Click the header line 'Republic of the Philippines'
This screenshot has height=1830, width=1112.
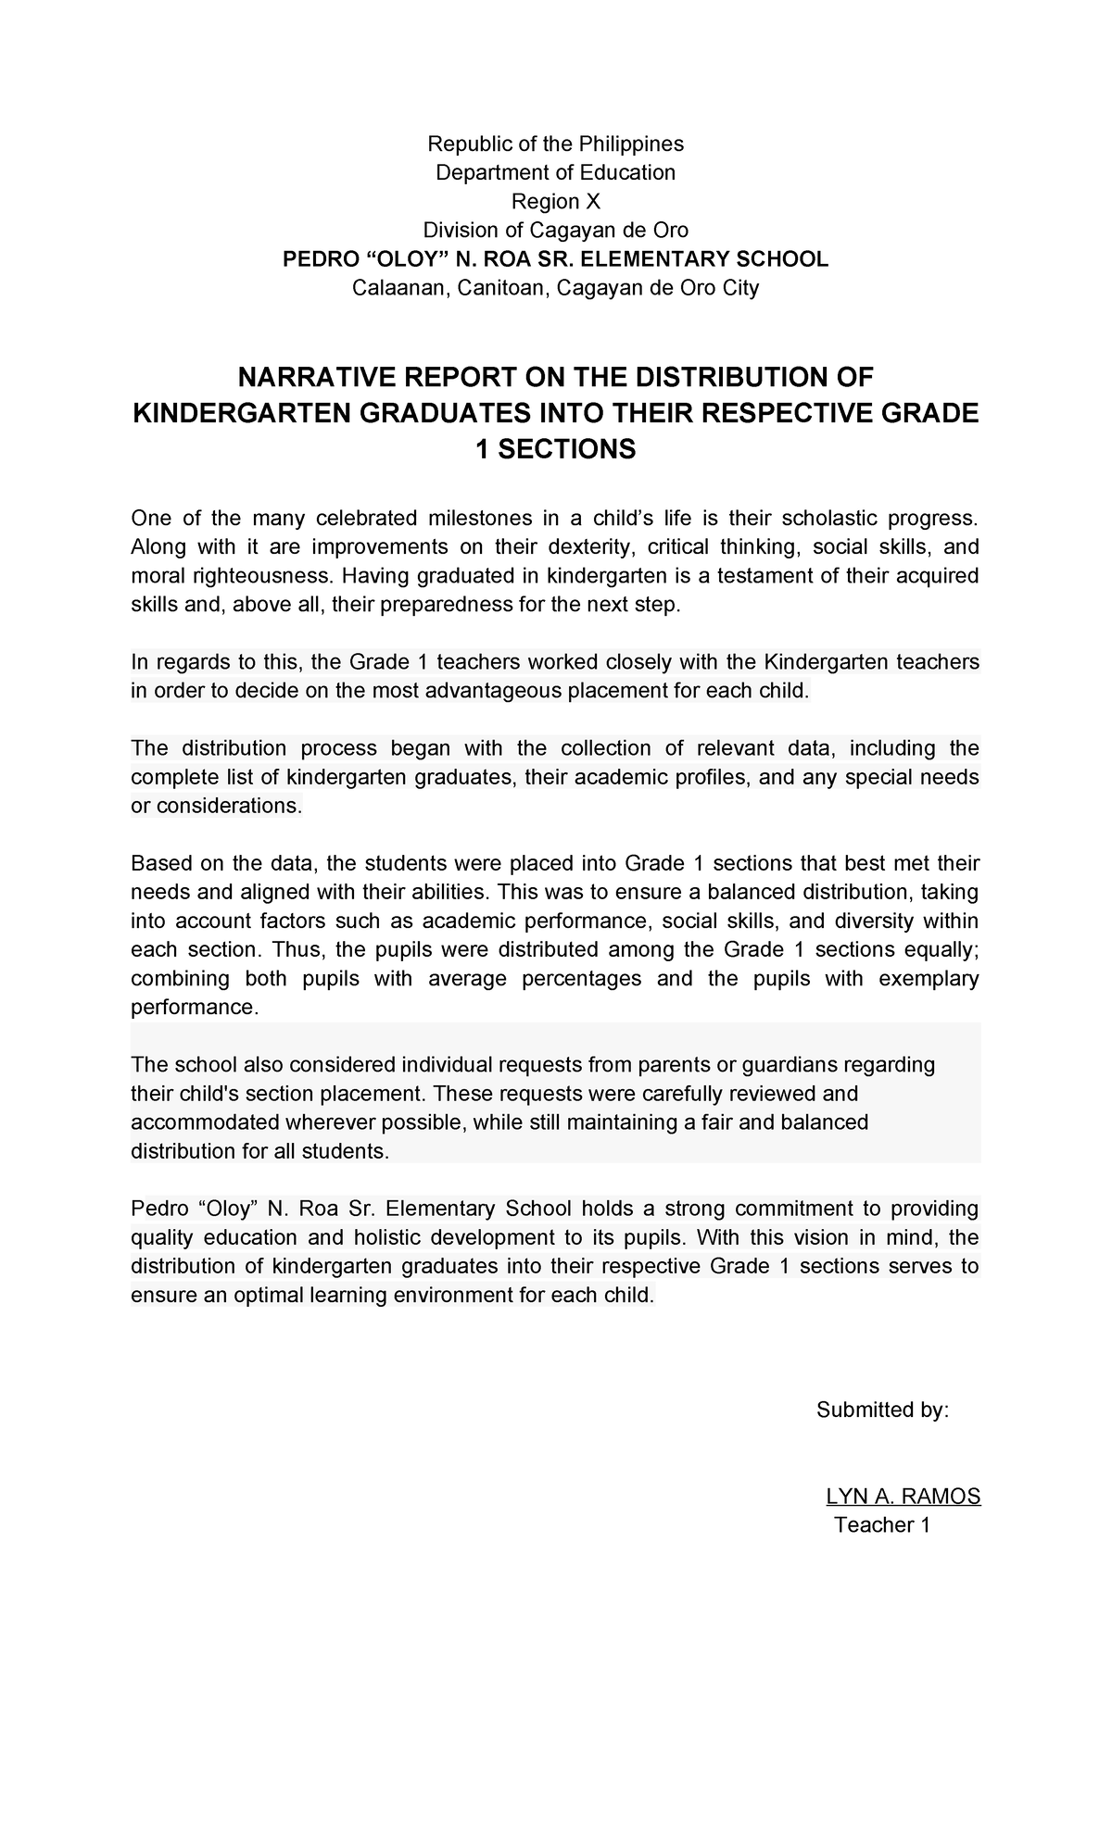point(555,144)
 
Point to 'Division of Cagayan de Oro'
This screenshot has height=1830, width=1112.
point(555,230)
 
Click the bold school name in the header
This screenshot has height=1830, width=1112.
point(555,259)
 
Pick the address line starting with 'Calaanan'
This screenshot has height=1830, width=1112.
point(555,288)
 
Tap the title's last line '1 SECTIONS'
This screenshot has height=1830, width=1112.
point(555,450)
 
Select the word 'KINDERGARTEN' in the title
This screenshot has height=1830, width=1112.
point(243,414)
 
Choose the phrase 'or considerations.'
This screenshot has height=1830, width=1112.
point(217,806)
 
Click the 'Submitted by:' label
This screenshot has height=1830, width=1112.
point(881,1410)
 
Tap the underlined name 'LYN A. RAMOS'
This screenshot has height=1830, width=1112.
point(903,1498)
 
